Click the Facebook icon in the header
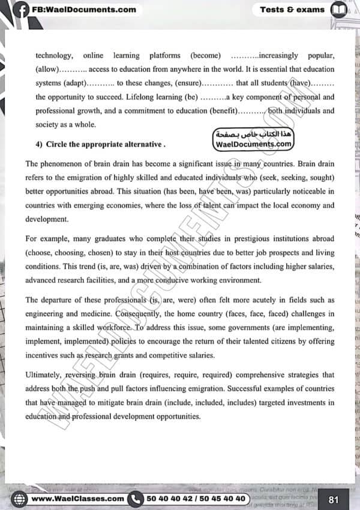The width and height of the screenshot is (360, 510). tap(21, 10)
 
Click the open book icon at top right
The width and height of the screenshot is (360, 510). tap(339, 10)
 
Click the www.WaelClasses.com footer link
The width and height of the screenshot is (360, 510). tap(77, 499)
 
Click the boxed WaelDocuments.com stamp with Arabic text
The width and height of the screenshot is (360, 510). tap(253, 140)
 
